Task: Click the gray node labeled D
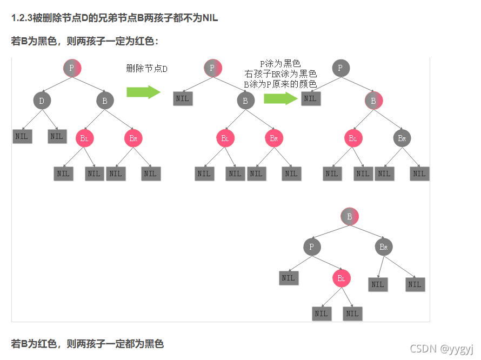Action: (x=42, y=101)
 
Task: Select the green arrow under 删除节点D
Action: (x=143, y=92)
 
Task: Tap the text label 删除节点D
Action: (x=147, y=69)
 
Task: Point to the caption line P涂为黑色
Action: (x=280, y=64)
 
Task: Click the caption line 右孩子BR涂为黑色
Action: (x=280, y=74)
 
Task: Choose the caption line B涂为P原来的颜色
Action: (x=280, y=84)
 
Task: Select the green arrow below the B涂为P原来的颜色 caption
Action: (x=280, y=98)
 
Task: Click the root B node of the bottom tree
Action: (x=350, y=217)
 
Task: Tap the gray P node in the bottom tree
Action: (x=312, y=247)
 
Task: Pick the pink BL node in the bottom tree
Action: (x=341, y=278)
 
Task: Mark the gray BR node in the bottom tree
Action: (x=383, y=247)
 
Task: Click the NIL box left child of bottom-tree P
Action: (x=288, y=278)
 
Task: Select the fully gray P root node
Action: (x=340, y=68)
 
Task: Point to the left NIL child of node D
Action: (x=22, y=136)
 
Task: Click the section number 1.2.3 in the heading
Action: (x=22, y=18)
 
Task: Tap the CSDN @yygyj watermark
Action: (x=441, y=348)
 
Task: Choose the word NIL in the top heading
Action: (x=210, y=18)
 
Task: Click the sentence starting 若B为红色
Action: (x=88, y=344)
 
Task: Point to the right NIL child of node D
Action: (x=57, y=136)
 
